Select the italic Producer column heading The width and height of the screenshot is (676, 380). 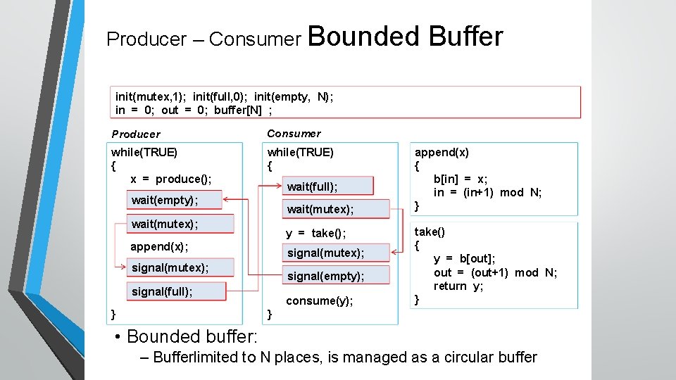tap(136, 134)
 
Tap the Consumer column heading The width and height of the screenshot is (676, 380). tap(294, 134)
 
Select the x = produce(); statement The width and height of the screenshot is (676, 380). tap(171, 179)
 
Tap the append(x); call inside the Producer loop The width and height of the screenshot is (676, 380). tap(159, 246)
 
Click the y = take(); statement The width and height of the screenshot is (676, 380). tap(315, 233)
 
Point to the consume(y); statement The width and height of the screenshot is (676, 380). tap(319, 300)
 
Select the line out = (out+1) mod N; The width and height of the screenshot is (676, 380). tap(495, 272)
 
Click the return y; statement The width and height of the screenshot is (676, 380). tap(458, 286)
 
